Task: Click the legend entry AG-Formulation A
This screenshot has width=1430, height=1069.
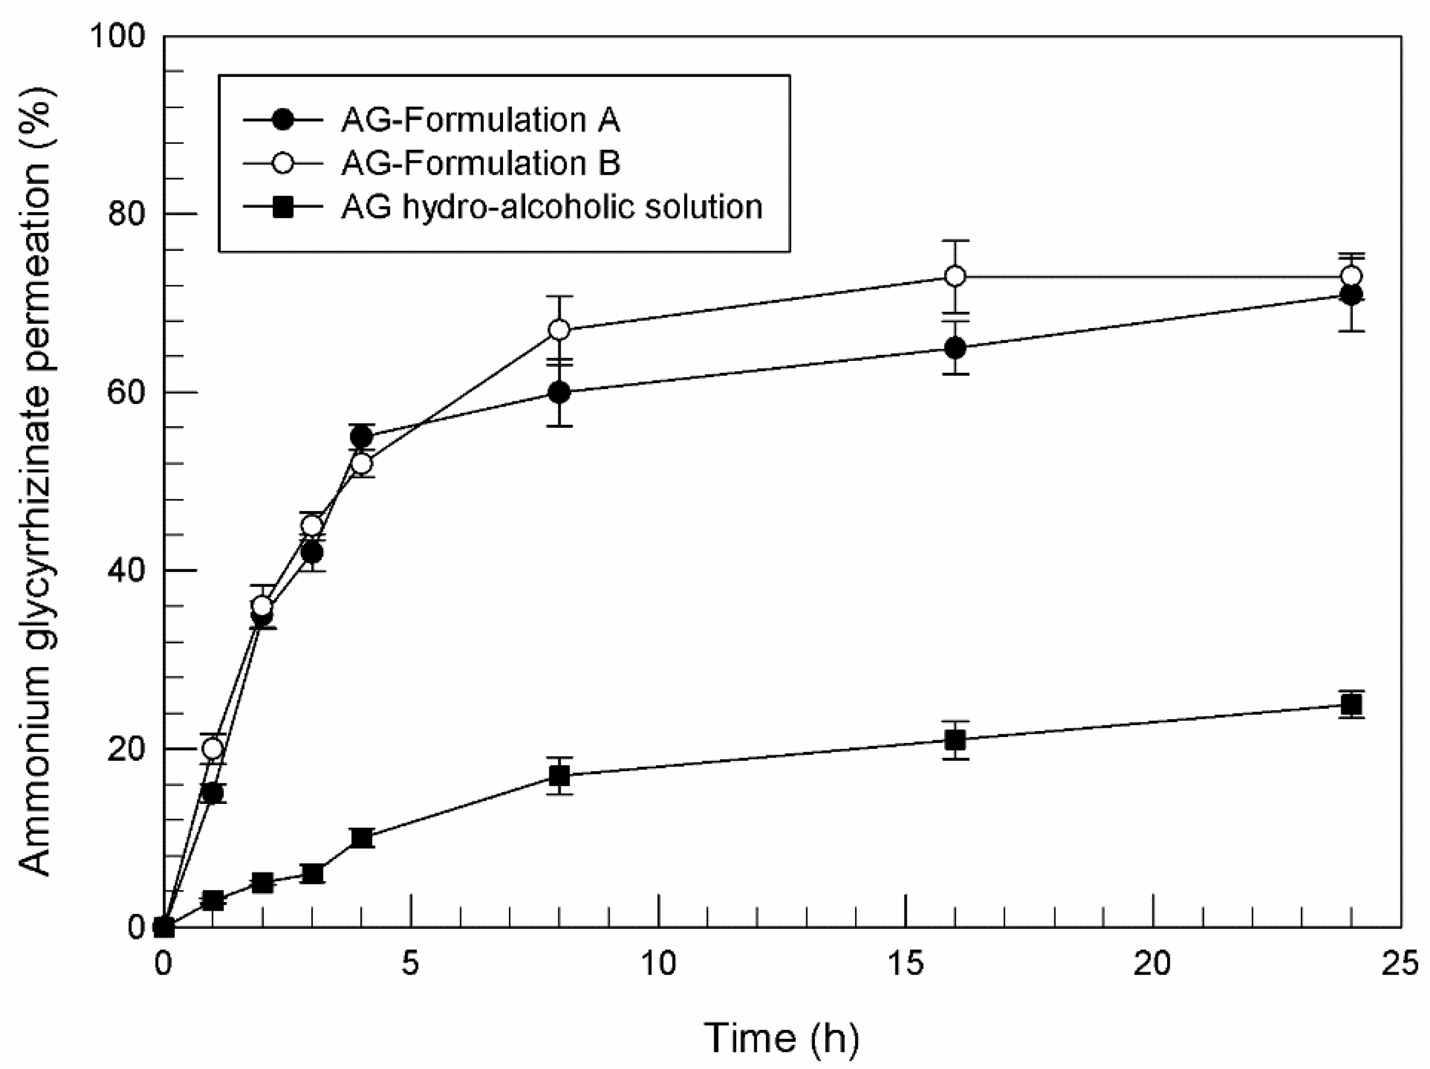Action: [480, 120]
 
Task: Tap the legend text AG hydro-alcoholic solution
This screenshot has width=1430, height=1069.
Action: [551, 207]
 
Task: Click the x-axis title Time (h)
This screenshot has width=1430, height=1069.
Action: [781, 1037]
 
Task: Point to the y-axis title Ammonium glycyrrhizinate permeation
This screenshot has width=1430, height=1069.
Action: [34, 482]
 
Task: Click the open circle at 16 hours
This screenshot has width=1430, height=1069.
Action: [955, 277]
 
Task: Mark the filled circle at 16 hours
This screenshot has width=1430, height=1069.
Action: [955, 349]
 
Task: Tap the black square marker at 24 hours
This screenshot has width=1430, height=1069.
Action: [1351, 704]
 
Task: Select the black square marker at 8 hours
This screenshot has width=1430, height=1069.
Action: [559, 776]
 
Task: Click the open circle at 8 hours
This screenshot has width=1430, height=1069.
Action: [559, 330]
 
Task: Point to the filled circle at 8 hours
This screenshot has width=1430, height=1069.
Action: [559, 392]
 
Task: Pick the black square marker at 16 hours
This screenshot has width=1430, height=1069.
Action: [955, 740]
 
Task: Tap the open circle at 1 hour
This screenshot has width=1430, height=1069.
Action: [213, 749]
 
